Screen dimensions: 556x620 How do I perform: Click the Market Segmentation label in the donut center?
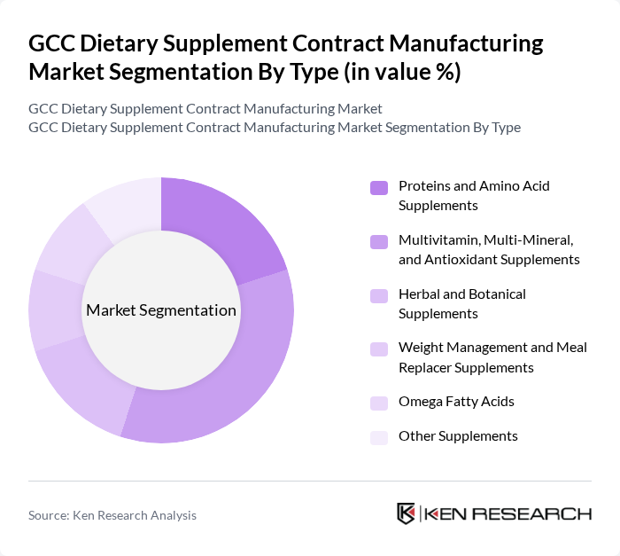161,310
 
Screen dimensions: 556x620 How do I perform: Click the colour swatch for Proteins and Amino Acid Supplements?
379,187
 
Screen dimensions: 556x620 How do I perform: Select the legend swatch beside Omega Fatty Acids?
379,402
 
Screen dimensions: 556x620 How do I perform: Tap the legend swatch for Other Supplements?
379,436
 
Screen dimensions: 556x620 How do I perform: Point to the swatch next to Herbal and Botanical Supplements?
379,294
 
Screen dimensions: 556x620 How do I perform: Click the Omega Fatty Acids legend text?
456,402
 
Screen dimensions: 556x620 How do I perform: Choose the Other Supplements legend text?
458,436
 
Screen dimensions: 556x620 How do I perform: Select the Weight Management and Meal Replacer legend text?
492,356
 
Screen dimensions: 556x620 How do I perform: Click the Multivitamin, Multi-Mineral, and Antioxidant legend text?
489,249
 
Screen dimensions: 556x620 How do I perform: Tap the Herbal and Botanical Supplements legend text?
461,303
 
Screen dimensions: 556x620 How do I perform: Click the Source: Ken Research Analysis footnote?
112,515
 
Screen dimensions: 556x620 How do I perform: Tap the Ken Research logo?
494,513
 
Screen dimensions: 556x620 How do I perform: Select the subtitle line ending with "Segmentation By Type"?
275,127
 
